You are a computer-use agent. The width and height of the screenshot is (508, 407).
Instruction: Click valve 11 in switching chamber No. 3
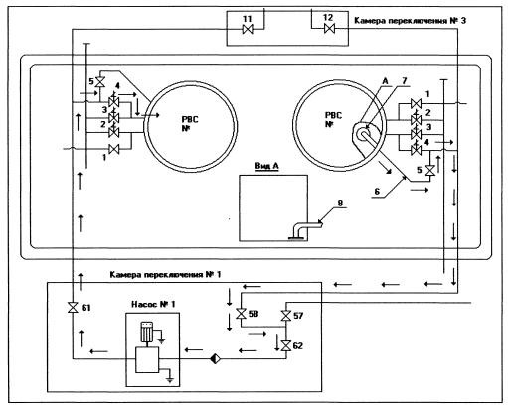(x=248, y=30)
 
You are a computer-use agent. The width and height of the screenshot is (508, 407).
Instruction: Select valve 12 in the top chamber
(x=329, y=29)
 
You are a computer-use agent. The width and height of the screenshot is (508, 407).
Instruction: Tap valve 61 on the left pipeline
(x=73, y=308)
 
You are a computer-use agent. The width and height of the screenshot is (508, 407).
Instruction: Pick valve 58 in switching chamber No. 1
(x=241, y=314)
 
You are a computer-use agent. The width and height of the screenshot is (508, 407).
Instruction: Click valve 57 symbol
(x=285, y=316)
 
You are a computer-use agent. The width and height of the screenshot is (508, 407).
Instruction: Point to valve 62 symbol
(x=285, y=346)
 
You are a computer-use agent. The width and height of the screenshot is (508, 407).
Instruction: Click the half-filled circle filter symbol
(x=215, y=358)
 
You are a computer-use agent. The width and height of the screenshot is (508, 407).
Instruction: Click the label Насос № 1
(x=153, y=304)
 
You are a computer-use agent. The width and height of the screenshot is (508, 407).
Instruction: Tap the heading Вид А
(x=266, y=166)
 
